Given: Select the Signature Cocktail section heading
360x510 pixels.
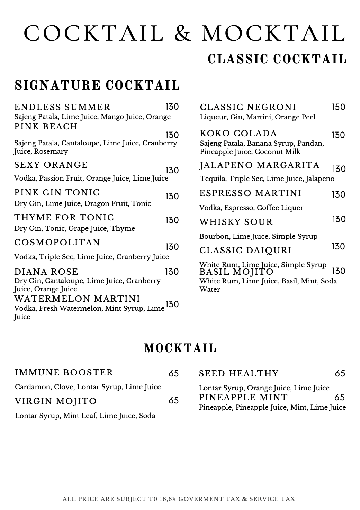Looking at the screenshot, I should pyautogui.click(x=97, y=85).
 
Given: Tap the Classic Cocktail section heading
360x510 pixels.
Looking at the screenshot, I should pyautogui.click(x=277, y=59).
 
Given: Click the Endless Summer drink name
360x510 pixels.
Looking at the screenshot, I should pyautogui.click(x=62, y=107).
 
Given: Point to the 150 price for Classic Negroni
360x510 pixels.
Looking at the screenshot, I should pyautogui.click(x=338, y=107).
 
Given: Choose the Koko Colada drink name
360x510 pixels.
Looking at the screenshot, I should pyautogui.click(x=238, y=134).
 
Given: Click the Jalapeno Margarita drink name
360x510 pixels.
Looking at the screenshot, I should pyautogui.click(x=260, y=165).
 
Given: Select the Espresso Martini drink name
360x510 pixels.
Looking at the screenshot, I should pyautogui.click(x=251, y=193).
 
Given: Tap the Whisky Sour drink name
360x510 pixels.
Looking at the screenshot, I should pyautogui.click(x=236, y=222).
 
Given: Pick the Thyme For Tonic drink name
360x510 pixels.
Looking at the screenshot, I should pyautogui.click(x=64, y=218).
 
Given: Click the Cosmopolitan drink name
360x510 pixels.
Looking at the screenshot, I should pyautogui.click(x=57, y=243).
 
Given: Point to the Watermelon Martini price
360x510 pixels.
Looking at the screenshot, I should pyautogui.click(x=172, y=304).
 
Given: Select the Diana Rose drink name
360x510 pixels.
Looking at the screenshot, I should pyautogui.click(x=46, y=272).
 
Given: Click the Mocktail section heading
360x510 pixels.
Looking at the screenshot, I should pyautogui.click(x=180, y=348).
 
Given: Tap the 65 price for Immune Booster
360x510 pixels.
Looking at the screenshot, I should pyautogui.click(x=174, y=373).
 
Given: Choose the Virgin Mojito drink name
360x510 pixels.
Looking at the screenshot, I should pyautogui.click(x=56, y=401).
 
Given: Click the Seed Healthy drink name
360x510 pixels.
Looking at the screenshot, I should pyautogui.click(x=239, y=374).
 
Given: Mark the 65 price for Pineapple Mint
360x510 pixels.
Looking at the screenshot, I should pyautogui.click(x=340, y=397).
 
